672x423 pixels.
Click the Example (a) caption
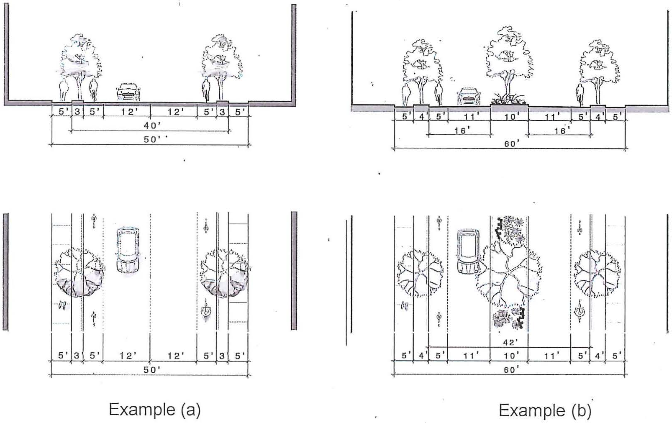154,410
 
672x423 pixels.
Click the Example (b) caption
545,410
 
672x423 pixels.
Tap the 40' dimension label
151,126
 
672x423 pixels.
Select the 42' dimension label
510,342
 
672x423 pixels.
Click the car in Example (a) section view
128,92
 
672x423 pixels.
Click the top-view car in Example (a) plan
128,250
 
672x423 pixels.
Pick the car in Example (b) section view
469,97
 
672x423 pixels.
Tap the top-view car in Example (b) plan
468,251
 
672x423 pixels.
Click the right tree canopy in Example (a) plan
224,272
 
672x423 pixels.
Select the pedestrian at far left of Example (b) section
405,95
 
